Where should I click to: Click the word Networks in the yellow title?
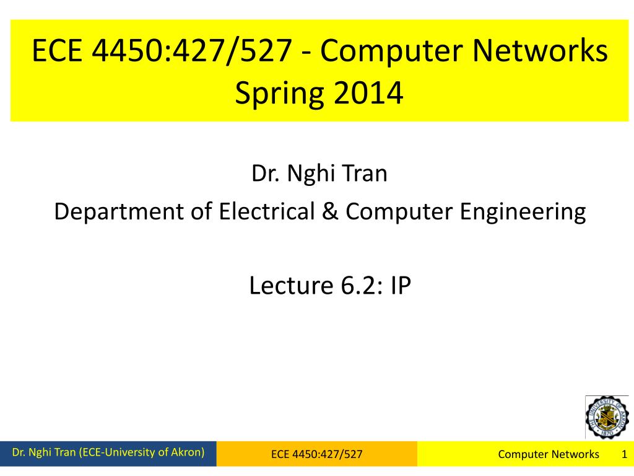(x=540, y=51)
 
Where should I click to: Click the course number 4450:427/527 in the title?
(x=192, y=51)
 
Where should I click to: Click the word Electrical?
(x=266, y=211)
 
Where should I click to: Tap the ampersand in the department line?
(x=330, y=211)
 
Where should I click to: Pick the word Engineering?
(x=523, y=212)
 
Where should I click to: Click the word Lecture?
(x=291, y=285)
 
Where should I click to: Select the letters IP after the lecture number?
(x=401, y=285)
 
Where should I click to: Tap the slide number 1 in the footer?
(x=624, y=454)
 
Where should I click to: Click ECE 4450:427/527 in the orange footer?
(x=316, y=454)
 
